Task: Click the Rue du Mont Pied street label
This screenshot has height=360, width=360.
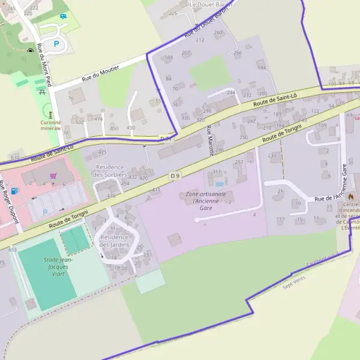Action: [x=45, y=65]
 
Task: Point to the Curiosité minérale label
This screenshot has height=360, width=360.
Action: [x=51, y=125]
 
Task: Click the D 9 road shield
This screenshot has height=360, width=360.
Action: [x=175, y=175]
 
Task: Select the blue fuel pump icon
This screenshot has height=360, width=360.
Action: [x=14, y=191]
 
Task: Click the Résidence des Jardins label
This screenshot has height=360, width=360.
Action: [x=114, y=241]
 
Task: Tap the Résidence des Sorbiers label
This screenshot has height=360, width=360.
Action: [x=110, y=170]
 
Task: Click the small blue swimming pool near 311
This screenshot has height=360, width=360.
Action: [x=220, y=183]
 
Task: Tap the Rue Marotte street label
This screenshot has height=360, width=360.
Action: [x=210, y=141]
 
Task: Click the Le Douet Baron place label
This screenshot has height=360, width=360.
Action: [x=209, y=4]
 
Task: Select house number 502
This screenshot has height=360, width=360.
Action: [x=79, y=122]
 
